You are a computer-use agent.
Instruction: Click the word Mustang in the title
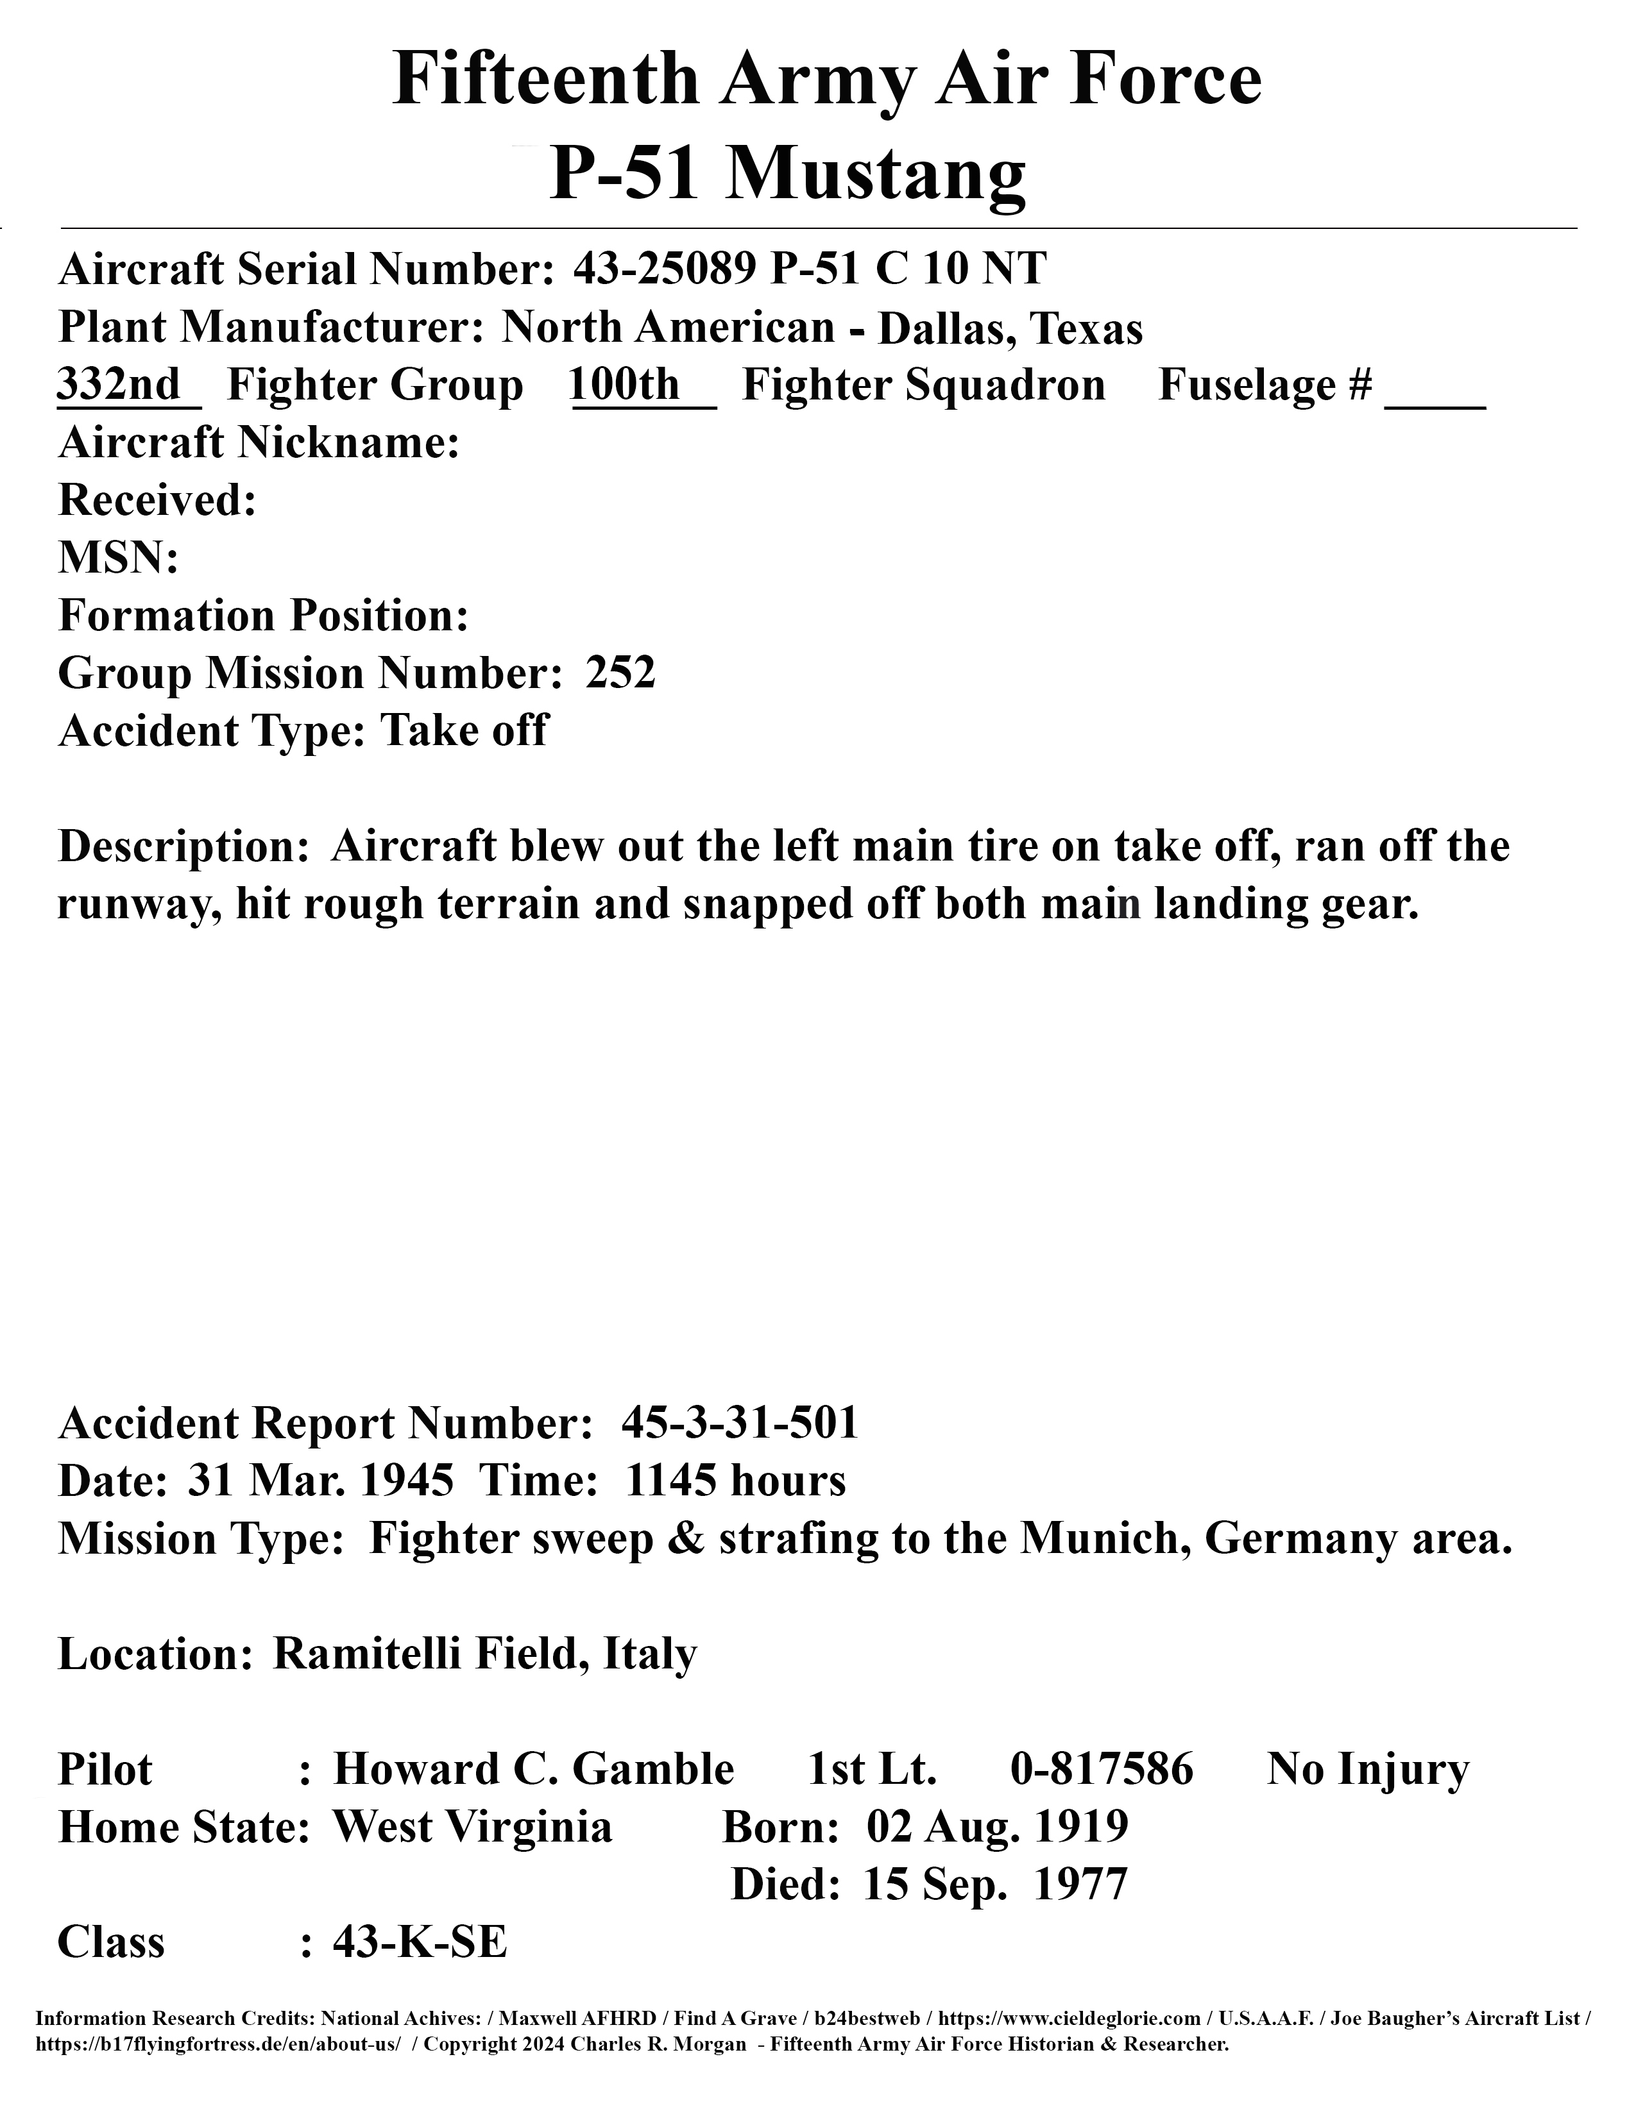coord(876,174)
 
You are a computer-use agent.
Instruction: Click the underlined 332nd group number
coord(119,385)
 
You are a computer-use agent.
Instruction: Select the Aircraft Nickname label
coord(259,443)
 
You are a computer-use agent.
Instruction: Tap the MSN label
coord(117,558)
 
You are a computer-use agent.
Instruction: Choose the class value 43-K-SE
coord(420,1942)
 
